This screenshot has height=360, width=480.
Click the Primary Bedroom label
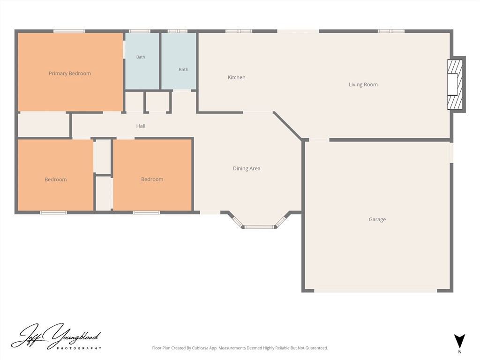pos(70,74)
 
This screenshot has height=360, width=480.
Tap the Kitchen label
pos(236,77)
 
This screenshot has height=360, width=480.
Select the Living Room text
pos(363,84)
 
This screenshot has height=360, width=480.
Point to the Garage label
pos(377,219)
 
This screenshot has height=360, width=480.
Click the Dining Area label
pos(247,168)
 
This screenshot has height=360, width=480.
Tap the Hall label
pos(141,126)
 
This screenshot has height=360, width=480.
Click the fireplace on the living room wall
pos(456,84)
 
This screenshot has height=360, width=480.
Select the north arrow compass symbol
pos(459,341)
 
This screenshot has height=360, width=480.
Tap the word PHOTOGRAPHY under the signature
pos(79,348)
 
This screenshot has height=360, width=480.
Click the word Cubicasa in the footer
pos(200,348)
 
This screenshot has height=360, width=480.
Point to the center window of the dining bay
pos(259,227)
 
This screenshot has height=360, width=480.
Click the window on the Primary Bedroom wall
pos(69,31)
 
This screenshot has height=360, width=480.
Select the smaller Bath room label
pos(141,57)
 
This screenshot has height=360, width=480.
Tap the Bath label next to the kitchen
pos(183,69)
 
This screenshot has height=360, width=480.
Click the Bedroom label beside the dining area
pos(152,180)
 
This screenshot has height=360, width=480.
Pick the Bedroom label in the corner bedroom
pos(56,180)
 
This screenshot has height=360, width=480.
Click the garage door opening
pos(375,291)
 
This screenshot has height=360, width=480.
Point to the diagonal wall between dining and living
pos(287,125)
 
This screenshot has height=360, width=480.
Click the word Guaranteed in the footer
pos(317,348)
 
